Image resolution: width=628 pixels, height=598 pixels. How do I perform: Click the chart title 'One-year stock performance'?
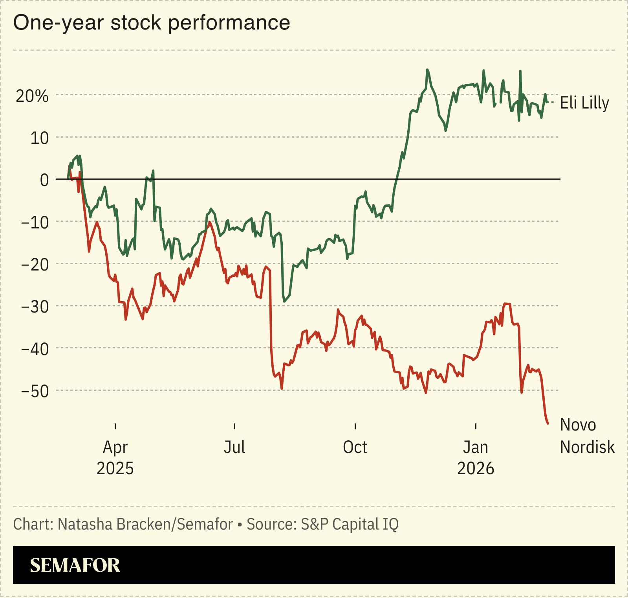pos(152,22)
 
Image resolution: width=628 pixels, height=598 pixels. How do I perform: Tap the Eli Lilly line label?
pos(584,103)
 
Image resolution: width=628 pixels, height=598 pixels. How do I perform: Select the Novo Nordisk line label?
pos(587,436)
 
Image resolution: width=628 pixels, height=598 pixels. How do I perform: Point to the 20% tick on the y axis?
pos(32,96)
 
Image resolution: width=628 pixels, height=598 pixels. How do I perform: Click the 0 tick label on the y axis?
pos(44,180)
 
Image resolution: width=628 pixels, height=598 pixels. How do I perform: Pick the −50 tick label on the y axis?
pos(35,391)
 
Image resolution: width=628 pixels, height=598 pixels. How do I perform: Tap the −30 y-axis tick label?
pos(35,306)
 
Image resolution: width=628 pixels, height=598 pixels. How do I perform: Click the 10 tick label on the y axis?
pos(39,138)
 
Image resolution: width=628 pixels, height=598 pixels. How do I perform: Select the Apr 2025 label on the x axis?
pos(115,458)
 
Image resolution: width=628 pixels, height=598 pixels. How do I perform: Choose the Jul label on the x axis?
pos(234,447)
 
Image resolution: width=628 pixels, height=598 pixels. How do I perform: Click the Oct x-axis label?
pos(355,447)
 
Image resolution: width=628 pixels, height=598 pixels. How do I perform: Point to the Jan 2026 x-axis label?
pos(475,458)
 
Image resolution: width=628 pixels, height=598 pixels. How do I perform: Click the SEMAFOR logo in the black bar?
pos(75,565)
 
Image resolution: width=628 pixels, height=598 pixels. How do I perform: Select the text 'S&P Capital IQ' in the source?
pos(350,524)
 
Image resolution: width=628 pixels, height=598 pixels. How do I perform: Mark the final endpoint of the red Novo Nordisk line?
pos(548,423)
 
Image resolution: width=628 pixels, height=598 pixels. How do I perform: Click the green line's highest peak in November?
pos(427,70)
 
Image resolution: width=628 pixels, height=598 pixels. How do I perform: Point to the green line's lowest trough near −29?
pos(284,302)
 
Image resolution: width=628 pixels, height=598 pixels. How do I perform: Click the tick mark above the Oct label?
pos(355,426)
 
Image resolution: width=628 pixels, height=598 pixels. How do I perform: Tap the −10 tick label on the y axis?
pos(35,222)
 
